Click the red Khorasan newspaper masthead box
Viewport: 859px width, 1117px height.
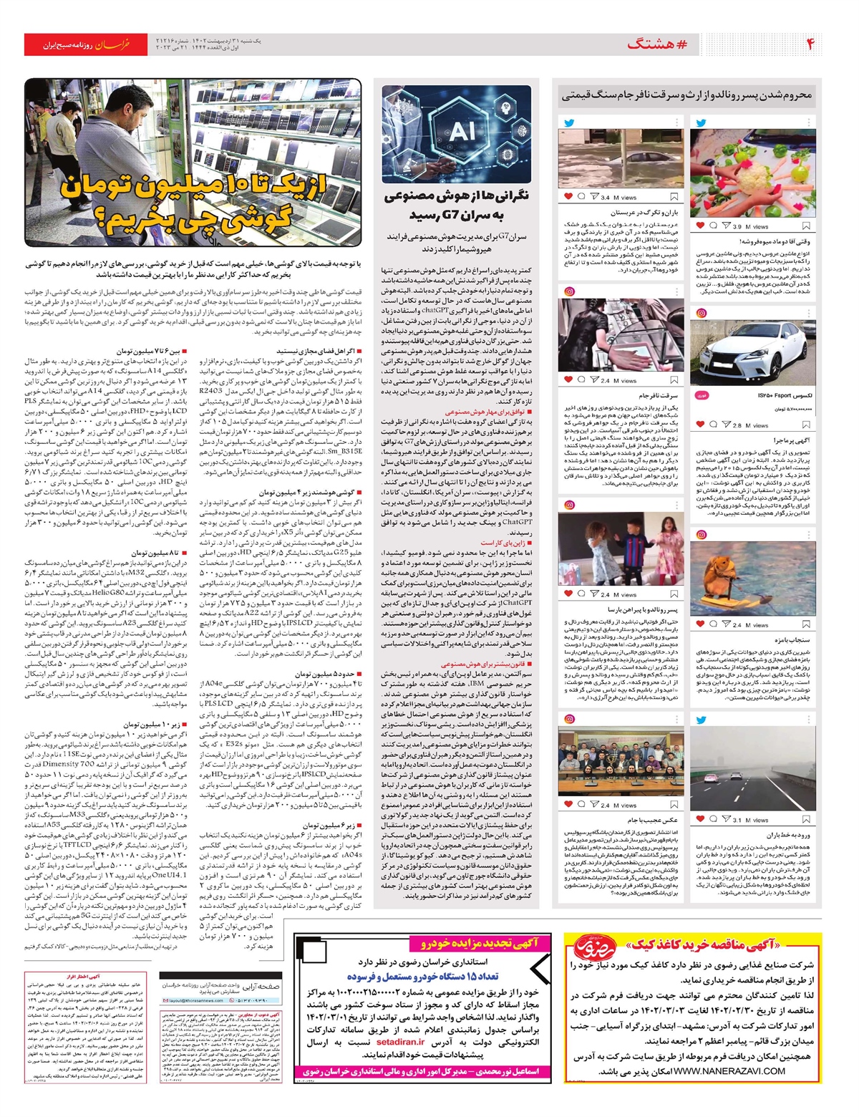point(84,44)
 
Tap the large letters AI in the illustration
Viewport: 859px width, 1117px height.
point(462,131)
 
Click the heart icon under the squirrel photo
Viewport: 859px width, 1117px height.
point(700,624)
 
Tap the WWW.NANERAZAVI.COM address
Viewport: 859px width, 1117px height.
point(729,1070)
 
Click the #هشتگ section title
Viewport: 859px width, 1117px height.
point(657,44)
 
